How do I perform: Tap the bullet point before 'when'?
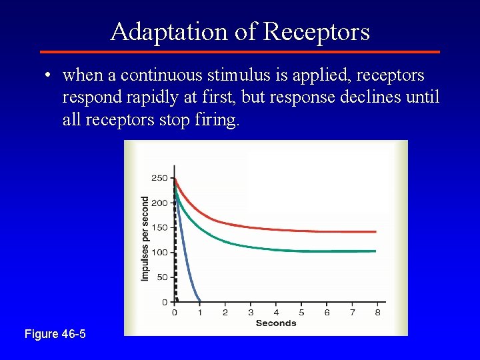(49, 75)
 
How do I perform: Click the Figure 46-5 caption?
(55, 333)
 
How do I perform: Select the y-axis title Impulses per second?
(145, 238)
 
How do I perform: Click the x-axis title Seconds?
(275, 323)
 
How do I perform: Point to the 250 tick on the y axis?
(159, 178)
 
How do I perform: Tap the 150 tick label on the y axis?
(159, 227)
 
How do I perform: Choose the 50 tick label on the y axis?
(161, 277)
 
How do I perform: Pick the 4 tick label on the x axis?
(275, 312)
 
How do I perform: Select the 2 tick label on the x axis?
(225, 312)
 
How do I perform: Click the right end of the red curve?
(375, 231)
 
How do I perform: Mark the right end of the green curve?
(375, 251)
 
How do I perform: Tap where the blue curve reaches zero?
(199, 301)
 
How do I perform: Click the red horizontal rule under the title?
(240, 51)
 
